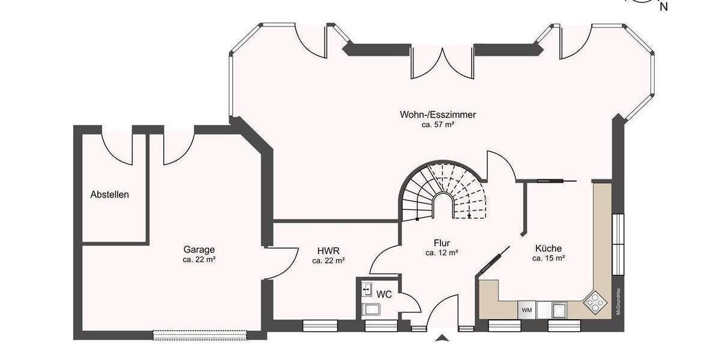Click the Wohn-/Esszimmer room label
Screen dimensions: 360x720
pos(438,115)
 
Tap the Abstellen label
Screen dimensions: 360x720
pos(110,195)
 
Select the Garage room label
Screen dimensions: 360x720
pos(199,250)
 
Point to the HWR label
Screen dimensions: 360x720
pos(328,250)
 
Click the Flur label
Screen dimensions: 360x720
pos(442,243)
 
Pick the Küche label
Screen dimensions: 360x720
pos(548,248)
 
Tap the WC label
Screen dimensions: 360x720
pos(384,294)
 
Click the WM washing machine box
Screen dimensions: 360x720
pos(527,310)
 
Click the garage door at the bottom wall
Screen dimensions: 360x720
pos(200,334)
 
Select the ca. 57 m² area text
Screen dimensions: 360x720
pos(438,125)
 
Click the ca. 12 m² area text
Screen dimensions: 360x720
pos(442,253)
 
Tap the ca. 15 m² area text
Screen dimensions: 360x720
pos(548,259)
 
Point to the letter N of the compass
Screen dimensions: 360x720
pos(664,7)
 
